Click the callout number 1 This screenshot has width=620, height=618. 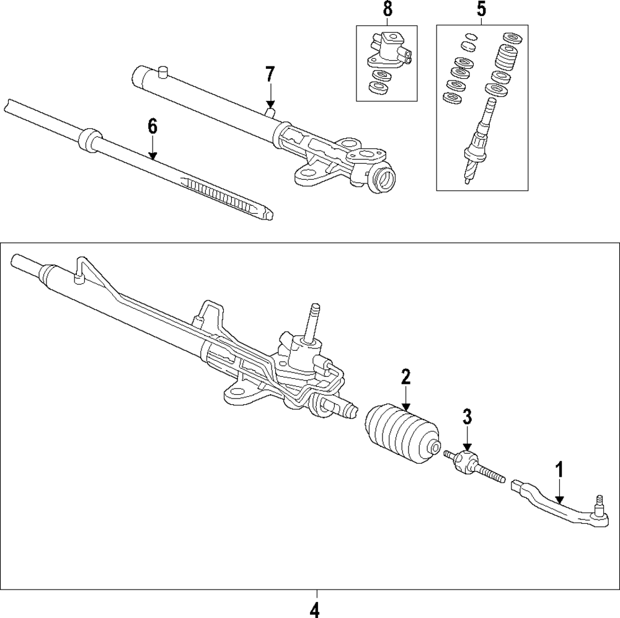pos(560,470)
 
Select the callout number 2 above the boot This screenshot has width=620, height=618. pos(405,376)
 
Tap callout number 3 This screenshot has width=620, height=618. pos(467,417)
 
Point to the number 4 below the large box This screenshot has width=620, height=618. pos(314,609)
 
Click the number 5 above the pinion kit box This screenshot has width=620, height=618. pos(481,10)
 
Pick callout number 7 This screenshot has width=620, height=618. pos(270,74)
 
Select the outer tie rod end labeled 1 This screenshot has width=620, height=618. pos(558,505)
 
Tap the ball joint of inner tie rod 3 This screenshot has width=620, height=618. pos(465,462)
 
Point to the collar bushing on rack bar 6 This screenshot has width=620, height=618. pos(90,139)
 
